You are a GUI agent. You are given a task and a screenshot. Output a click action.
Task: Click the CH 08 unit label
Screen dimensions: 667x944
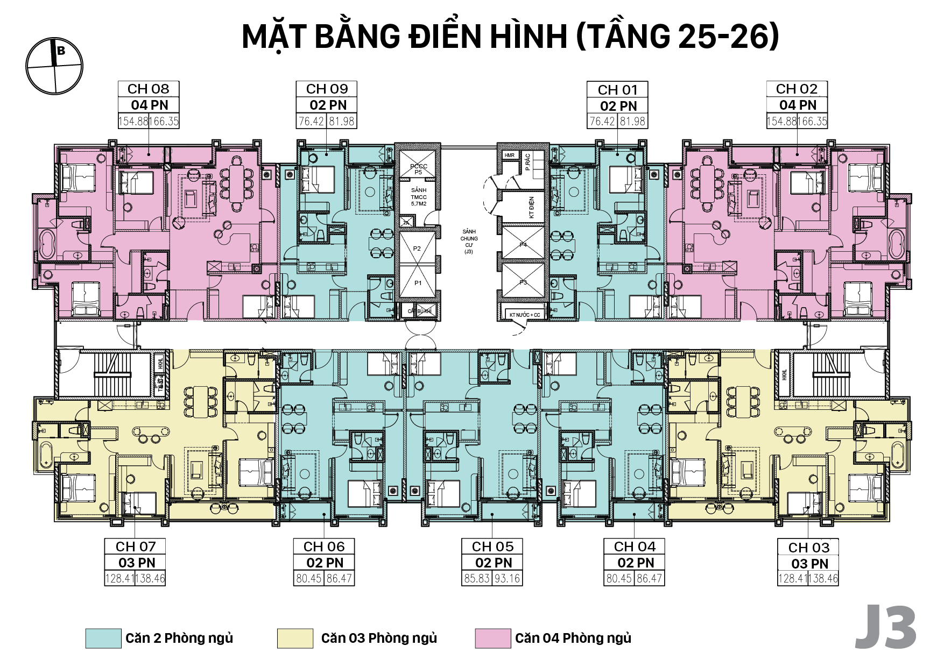point(148,89)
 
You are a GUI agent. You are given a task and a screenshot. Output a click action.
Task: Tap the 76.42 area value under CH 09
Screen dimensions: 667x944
point(311,121)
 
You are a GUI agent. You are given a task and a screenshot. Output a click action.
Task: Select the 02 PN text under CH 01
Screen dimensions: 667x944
point(618,106)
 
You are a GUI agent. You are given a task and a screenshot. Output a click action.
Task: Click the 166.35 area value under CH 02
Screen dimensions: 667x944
point(813,121)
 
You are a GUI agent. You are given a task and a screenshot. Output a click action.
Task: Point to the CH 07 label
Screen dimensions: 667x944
point(136,547)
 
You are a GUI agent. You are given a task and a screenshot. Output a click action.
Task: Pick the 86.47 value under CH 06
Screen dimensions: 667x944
point(339,579)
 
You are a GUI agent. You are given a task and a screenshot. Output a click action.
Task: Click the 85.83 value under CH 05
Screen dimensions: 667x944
point(477,579)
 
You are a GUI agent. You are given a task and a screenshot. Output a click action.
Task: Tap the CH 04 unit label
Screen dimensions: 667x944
point(635,547)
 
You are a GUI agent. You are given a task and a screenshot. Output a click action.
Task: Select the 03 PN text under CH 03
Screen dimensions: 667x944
point(809,564)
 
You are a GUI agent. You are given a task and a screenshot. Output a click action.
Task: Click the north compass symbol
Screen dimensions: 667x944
point(54,66)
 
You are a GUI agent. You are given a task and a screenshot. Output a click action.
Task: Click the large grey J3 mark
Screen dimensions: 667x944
point(885,627)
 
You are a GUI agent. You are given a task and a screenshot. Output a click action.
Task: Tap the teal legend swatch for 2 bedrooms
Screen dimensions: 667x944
point(103,638)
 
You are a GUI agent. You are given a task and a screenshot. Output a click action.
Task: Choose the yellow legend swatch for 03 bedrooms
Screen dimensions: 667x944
point(295,638)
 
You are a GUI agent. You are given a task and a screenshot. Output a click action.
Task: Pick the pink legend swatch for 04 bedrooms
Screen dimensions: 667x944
point(492,638)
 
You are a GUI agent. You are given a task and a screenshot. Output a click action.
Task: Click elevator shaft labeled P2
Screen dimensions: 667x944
point(417,249)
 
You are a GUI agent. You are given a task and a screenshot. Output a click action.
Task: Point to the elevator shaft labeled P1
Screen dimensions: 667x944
point(418,283)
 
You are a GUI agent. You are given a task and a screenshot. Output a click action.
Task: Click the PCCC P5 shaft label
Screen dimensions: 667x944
point(418,169)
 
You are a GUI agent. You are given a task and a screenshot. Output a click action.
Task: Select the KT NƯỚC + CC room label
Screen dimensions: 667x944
point(525,315)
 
